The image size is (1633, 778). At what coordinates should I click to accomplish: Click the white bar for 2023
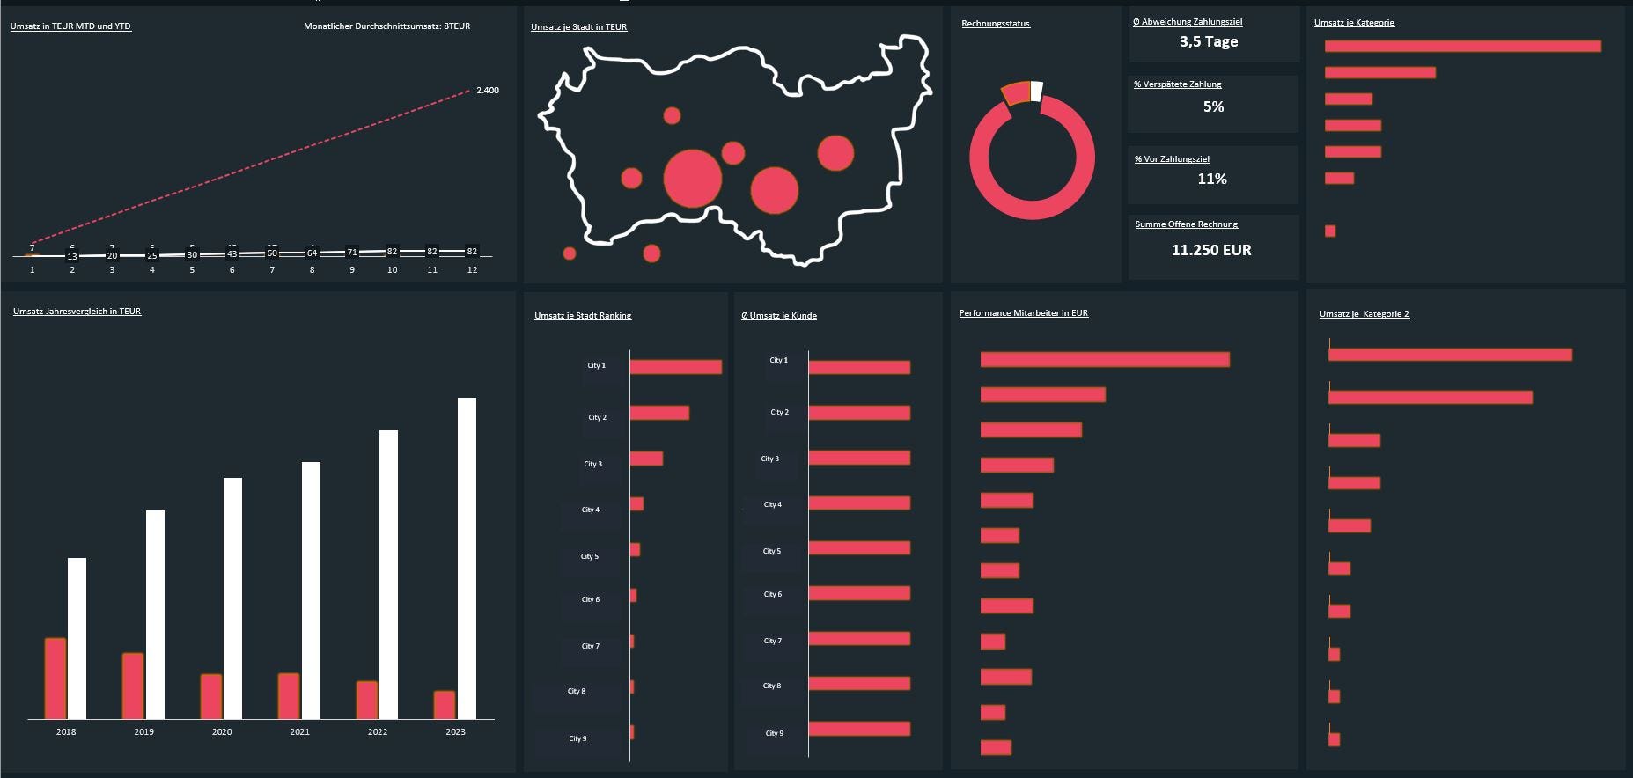point(467,558)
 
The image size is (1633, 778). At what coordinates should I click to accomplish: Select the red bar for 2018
point(55,678)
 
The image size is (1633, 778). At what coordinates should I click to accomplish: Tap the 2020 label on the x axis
point(222,732)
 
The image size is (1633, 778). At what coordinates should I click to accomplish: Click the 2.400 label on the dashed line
point(488,91)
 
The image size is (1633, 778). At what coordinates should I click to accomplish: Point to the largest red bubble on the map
point(693,179)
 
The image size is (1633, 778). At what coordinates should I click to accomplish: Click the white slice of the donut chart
point(1037,91)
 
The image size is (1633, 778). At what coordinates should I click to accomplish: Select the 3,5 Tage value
point(1209,42)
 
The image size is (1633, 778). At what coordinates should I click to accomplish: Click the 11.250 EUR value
point(1211,251)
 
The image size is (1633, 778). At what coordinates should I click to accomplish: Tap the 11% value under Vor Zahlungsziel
point(1212,180)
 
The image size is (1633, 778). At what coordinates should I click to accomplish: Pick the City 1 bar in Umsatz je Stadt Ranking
point(675,367)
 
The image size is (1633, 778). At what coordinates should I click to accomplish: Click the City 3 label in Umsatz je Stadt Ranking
point(593,464)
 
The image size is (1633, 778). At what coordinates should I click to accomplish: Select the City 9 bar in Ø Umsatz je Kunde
point(859,729)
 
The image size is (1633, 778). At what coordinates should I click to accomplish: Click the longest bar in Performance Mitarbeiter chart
point(1105,359)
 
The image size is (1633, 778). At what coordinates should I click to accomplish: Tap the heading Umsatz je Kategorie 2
point(1364,314)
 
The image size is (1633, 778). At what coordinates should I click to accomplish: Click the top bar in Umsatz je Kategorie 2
point(1450,355)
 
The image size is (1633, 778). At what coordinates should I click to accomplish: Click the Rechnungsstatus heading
point(996,24)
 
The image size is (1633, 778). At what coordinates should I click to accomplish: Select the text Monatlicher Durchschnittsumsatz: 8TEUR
point(386,26)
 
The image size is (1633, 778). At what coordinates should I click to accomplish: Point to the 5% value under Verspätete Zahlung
point(1213,107)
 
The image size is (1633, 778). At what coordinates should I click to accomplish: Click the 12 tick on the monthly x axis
point(472,270)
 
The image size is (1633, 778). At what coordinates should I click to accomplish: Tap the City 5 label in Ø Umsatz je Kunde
point(772,551)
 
